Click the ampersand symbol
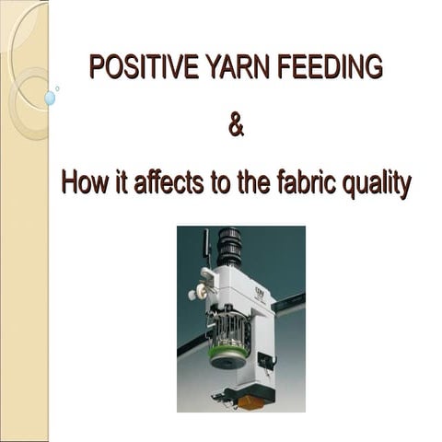point(236,124)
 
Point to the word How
point(85,182)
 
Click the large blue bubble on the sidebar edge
point(50,97)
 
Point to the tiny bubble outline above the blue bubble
point(57,88)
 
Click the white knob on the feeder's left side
point(196,295)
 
